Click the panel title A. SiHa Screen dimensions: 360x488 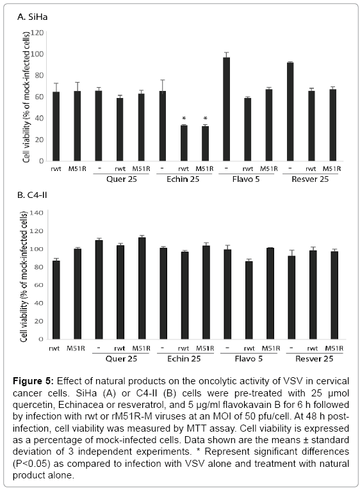tap(32, 17)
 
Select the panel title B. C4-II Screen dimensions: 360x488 tap(32, 195)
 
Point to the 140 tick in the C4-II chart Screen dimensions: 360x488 tap(37, 213)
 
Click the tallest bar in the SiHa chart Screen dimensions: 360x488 tap(226, 110)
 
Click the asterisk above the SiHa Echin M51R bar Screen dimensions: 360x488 tap(205, 118)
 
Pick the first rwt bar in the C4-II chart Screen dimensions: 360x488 tap(56, 300)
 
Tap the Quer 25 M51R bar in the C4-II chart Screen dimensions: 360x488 tap(142, 288)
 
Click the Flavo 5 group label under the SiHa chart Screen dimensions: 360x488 tap(246, 179)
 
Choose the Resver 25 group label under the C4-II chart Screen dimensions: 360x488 tap(314, 359)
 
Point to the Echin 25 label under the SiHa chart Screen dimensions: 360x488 tap(183, 179)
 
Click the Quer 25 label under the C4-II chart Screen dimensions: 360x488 tap(121, 359)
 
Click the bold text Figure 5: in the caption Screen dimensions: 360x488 tap(34, 381)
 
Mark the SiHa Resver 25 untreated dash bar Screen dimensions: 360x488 tap(290, 111)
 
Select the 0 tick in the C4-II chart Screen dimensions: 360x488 tap(41, 339)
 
